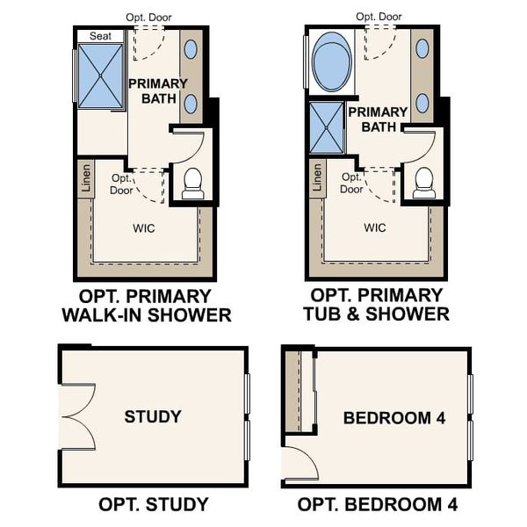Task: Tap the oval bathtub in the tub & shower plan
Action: click(330, 61)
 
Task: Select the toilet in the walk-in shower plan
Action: click(192, 183)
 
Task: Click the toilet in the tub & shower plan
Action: click(424, 182)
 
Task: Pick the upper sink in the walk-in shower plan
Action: click(191, 49)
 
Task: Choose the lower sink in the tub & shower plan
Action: click(422, 103)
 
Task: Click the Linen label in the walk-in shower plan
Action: click(85, 178)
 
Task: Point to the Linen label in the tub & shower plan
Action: click(317, 178)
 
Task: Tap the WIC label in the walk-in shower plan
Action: click(144, 228)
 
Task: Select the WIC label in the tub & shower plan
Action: click(375, 228)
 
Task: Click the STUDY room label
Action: click(153, 416)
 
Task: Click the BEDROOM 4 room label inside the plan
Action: click(393, 418)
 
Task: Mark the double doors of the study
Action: click(77, 417)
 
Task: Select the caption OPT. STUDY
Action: click(153, 504)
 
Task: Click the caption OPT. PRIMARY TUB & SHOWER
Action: click(376, 305)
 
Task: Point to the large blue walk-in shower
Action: click(101, 76)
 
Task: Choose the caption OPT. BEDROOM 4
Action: click(377, 504)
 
